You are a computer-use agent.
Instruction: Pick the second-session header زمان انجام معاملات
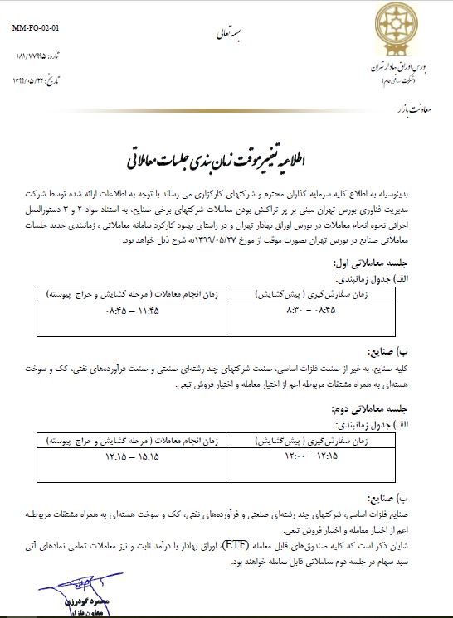coord(122,436)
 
